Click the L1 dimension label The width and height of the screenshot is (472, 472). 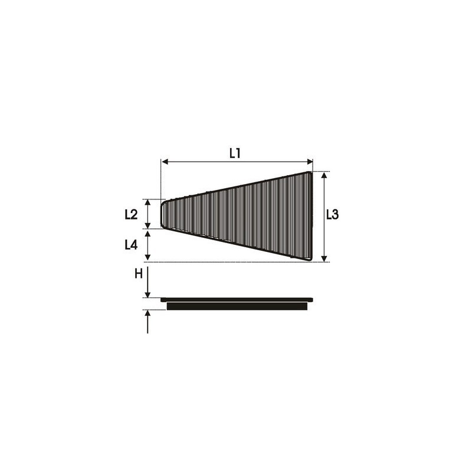(235, 153)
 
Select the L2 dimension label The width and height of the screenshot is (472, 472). (131, 214)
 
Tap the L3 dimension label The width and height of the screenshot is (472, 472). (333, 215)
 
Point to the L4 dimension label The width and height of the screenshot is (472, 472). (131, 245)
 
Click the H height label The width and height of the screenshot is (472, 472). (139, 274)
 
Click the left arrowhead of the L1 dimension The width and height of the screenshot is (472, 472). (165, 162)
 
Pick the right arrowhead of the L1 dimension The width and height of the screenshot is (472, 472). (310, 162)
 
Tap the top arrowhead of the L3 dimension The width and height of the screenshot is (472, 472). (324, 175)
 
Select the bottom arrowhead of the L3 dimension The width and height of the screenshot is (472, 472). (324, 259)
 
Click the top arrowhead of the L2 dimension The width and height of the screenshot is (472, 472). (147, 202)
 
